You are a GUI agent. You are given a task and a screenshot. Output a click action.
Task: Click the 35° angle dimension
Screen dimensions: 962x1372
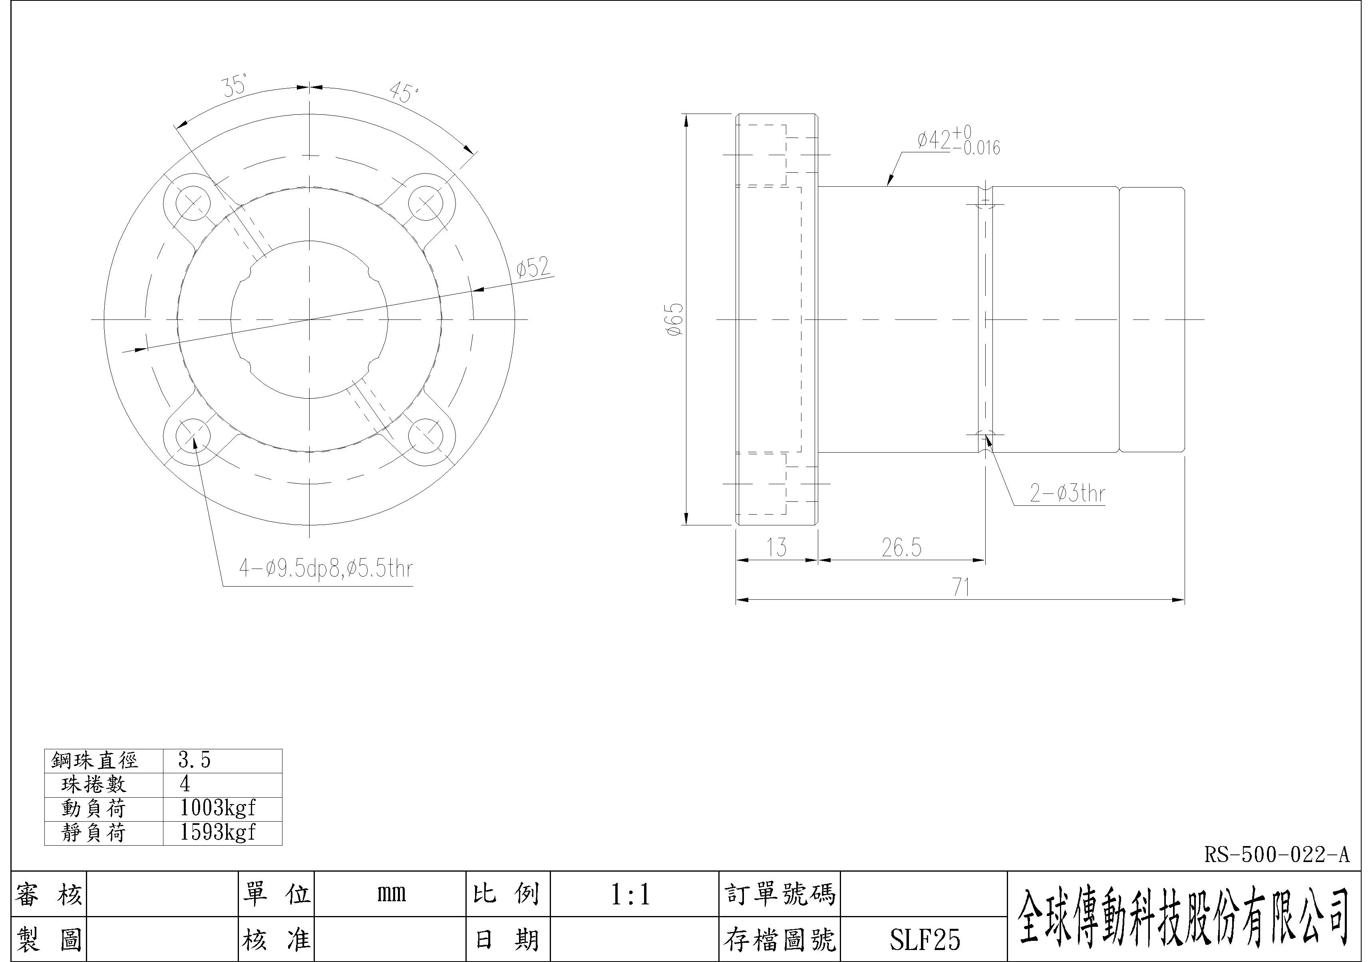point(235,86)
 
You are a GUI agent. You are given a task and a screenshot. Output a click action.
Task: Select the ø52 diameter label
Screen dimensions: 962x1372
point(534,268)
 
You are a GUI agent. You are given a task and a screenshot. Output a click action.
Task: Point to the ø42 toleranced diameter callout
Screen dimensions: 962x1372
point(958,141)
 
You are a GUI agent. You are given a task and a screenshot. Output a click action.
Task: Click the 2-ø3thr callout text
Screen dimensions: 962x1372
point(1067,494)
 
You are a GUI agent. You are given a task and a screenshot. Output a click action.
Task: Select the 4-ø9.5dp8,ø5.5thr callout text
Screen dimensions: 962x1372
point(326,569)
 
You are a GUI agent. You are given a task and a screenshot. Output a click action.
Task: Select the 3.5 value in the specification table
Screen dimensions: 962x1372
point(195,760)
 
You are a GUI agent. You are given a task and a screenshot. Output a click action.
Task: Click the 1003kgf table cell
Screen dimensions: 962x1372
point(217,808)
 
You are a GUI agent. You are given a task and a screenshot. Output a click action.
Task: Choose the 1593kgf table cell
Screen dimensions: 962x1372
point(217,832)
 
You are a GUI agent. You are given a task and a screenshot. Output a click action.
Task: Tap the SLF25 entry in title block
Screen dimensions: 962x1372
point(925,940)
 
